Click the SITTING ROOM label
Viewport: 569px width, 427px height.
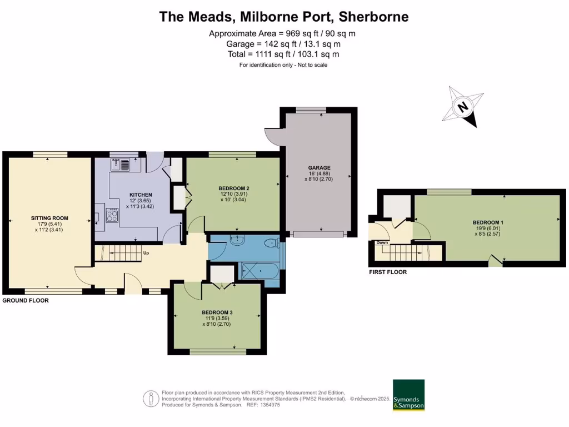pos(49,218)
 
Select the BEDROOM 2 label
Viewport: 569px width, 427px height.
pos(233,188)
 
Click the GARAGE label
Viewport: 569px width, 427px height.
pos(320,167)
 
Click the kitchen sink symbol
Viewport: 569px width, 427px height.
pos(120,165)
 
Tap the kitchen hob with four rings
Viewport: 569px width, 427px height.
pos(112,215)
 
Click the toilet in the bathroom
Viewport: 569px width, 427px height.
pos(272,242)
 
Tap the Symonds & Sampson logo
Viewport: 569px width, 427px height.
pos(408,395)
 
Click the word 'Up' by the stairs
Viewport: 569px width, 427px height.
pos(146,253)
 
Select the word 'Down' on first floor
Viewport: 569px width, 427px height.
pos(382,242)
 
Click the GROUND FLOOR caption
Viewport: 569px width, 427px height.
pos(26,300)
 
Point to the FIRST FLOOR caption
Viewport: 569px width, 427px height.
pos(388,272)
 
